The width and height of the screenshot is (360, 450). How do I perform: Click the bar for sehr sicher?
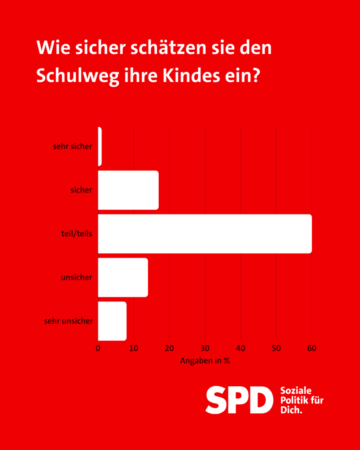100,146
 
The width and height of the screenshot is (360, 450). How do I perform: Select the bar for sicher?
128,190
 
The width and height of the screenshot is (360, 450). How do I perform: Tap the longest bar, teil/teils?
205,234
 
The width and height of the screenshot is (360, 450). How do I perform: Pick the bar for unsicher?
123,277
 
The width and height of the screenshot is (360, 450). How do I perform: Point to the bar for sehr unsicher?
112,321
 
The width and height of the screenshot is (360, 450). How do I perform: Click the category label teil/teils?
77,234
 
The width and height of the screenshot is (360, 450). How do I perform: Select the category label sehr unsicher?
69,321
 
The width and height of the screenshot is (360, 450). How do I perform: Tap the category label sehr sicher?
73,146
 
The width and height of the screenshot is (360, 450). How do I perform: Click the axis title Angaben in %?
205,361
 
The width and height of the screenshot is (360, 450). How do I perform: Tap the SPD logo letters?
236,399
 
